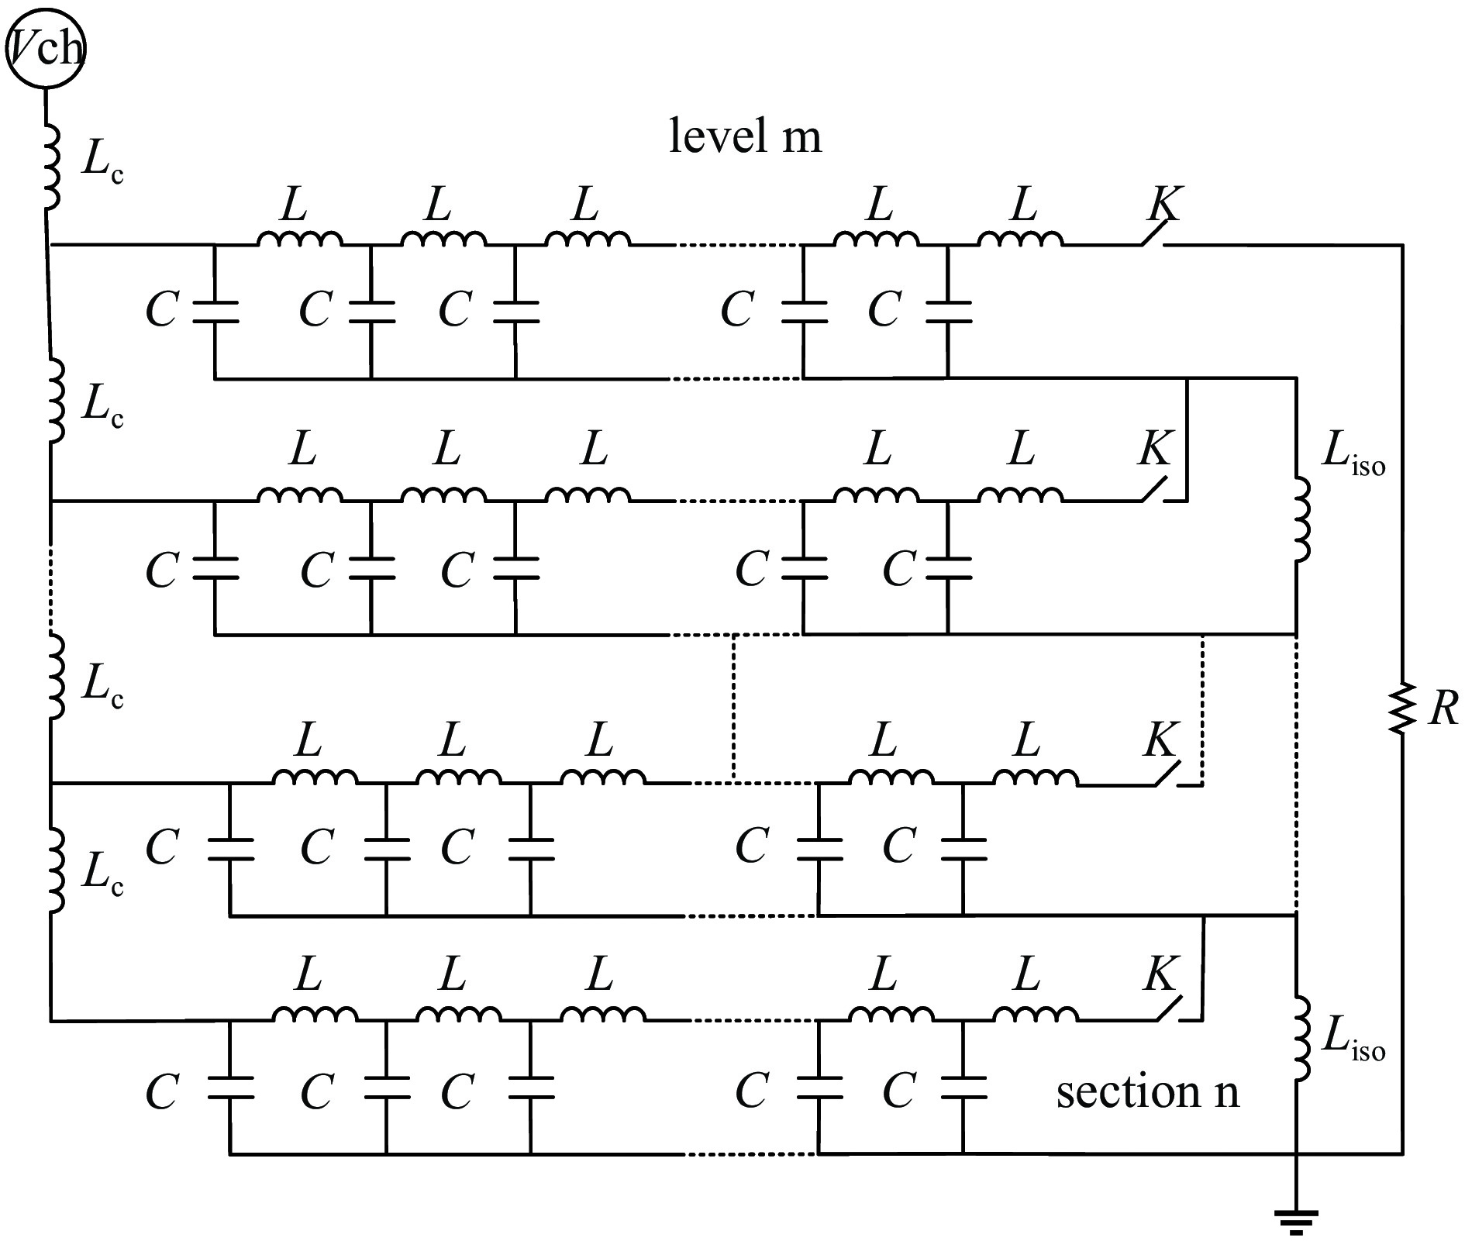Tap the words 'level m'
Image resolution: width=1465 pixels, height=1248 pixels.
[x=745, y=136]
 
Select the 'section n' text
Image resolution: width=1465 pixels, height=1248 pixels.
[x=1148, y=1091]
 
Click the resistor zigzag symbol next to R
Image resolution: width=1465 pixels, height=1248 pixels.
[x=1401, y=708]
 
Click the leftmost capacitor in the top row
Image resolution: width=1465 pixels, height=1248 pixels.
[x=215, y=311]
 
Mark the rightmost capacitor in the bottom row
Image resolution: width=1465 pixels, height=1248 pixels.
[x=963, y=1087]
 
